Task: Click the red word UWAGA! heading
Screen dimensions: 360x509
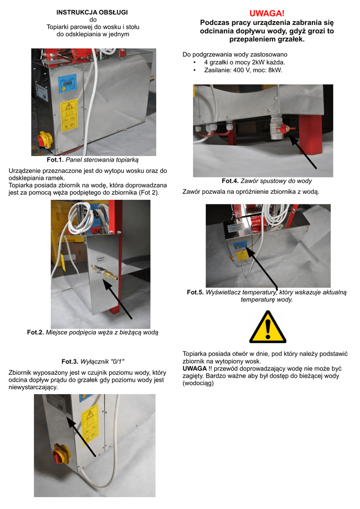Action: pos(267,13)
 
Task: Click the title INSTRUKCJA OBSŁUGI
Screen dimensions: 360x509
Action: pos(92,12)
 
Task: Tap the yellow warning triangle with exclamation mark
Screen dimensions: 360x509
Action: pos(268,327)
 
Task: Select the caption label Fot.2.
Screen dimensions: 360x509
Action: pos(35,333)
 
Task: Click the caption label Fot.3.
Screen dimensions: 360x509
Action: pos(70,362)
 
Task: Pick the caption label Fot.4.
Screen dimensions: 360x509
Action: pos(230,181)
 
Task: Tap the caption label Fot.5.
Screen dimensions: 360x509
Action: pos(195,292)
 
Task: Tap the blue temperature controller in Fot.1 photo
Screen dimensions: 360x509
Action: pos(67,84)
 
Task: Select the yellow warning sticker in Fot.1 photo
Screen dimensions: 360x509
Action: pos(69,115)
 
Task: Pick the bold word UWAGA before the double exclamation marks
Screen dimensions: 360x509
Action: pos(195,368)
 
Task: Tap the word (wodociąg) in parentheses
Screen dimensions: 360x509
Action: pos(198,383)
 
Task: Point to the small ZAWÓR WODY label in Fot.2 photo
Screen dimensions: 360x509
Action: pos(100,259)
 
